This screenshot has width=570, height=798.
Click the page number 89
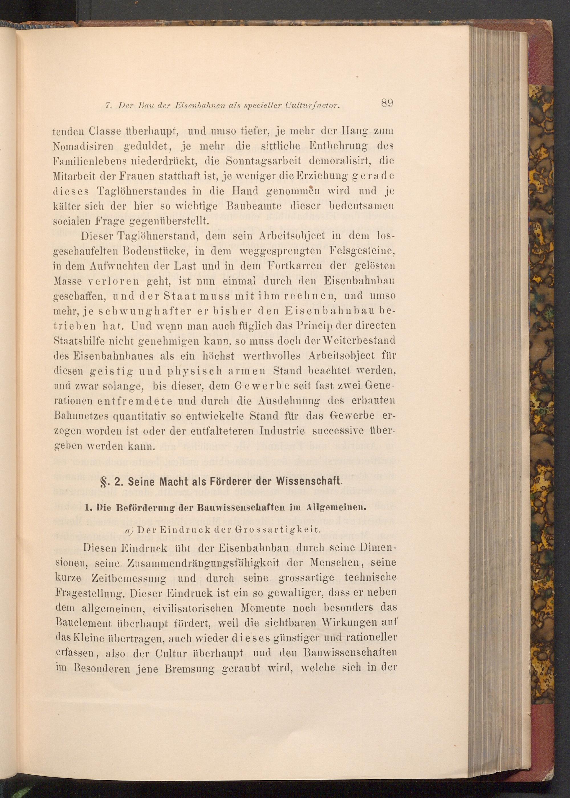(386, 103)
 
